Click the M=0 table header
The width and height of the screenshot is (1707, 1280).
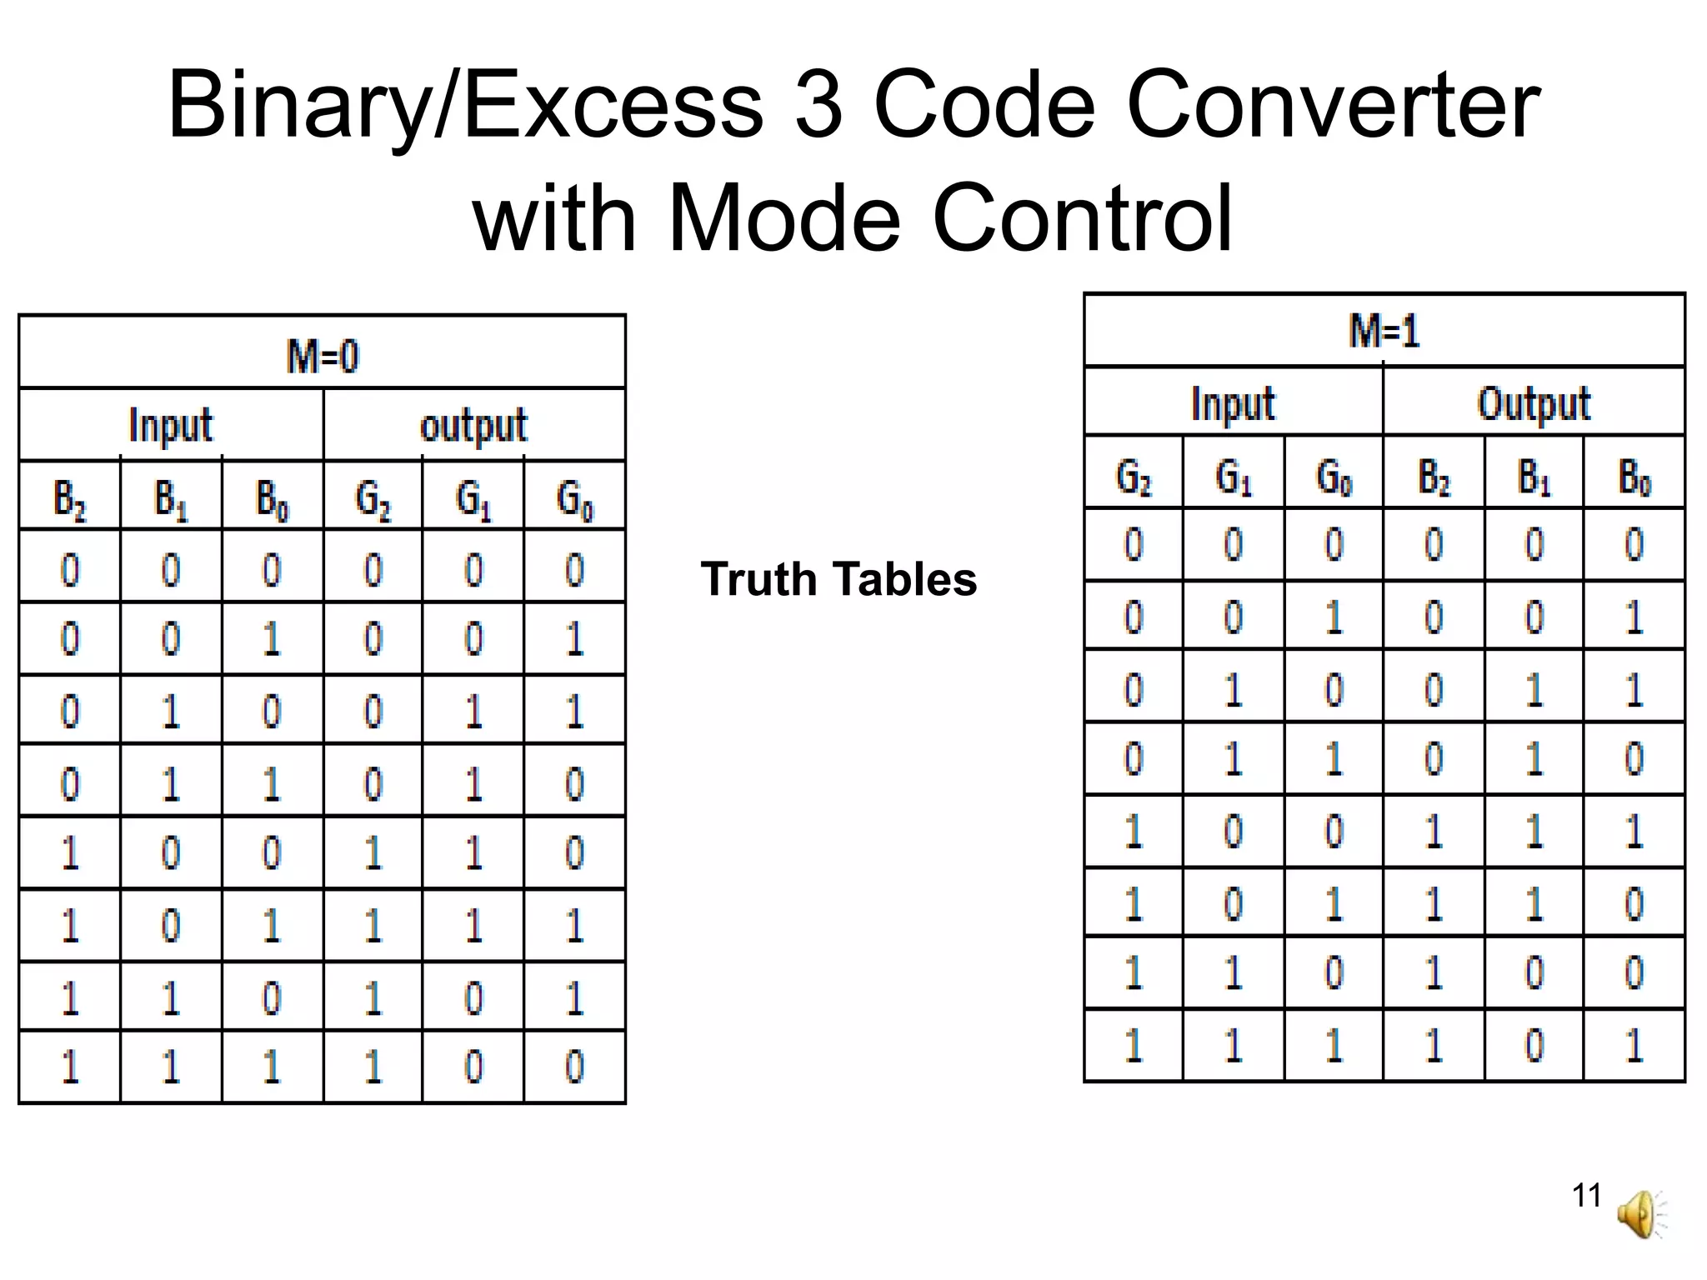pos(323,356)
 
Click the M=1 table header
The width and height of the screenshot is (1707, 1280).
pos(1384,331)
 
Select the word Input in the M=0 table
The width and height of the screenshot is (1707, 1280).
pos(171,426)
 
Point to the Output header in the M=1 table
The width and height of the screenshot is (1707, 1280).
pos(1534,404)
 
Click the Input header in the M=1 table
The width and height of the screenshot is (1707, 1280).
pos(1233,404)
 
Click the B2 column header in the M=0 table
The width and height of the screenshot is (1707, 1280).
pos(70,498)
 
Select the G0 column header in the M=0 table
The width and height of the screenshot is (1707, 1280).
pos(575,498)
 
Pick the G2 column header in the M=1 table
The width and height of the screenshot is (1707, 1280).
pos(1134,477)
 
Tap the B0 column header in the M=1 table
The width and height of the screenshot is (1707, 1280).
pos(1634,477)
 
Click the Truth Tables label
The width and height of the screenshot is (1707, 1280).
pos(838,579)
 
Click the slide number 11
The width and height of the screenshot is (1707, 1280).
pos(1586,1195)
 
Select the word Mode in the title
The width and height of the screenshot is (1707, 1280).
pos(783,217)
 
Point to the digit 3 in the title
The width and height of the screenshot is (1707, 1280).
pos(818,105)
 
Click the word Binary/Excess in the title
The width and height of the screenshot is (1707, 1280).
pos(465,107)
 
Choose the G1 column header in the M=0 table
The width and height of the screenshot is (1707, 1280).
pos(473,498)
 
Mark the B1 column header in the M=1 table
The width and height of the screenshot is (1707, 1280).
pos(1534,477)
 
